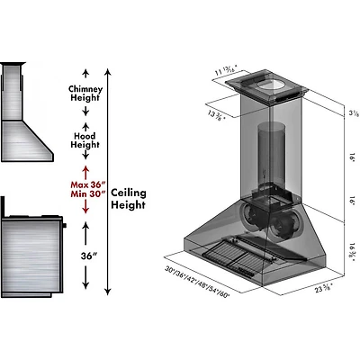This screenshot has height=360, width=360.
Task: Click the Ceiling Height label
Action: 129,199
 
